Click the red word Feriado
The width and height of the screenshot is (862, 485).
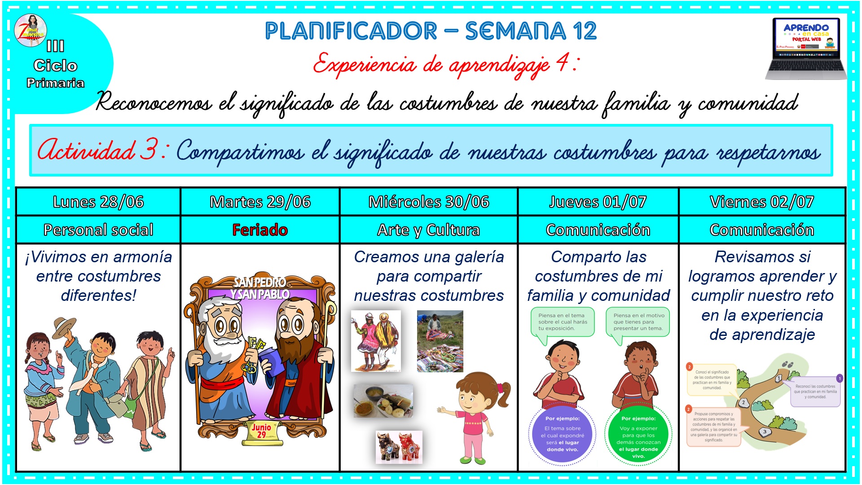(260, 230)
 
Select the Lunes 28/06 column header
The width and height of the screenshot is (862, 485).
(98, 202)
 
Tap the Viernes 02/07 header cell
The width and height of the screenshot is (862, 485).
(762, 202)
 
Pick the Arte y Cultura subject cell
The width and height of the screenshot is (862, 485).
(428, 230)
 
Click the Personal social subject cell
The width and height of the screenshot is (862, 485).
(98, 230)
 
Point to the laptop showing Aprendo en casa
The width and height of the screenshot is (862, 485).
(806, 48)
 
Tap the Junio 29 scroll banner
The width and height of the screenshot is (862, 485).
(262, 431)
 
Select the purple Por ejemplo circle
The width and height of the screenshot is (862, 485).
(563, 434)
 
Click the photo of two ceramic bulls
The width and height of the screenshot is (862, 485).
(399, 447)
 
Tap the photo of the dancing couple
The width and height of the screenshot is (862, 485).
(376, 341)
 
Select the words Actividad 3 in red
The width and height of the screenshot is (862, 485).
(97, 150)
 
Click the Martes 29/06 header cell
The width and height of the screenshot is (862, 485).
(260, 202)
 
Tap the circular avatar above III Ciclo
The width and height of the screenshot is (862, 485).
(31, 31)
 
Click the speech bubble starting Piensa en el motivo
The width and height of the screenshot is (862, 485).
(638, 322)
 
